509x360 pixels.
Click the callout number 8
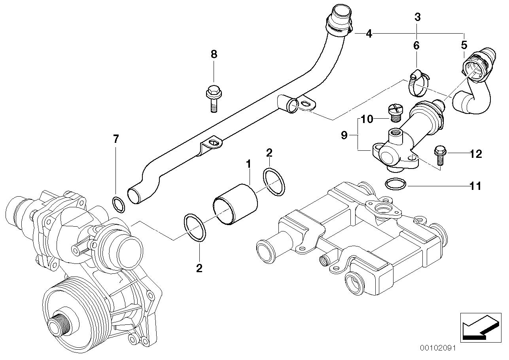[x=214, y=54]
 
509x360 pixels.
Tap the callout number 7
[x=115, y=139]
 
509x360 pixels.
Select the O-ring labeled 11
[x=395, y=184]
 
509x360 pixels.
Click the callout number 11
[x=476, y=186]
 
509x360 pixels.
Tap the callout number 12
[x=476, y=154]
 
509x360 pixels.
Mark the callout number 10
[x=367, y=119]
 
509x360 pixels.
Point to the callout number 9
[x=344, y=136]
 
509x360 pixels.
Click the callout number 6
[x=416, y=45]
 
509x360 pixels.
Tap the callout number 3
[x=417, y=17]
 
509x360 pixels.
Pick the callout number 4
[x=369, y=34]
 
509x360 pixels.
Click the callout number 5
[x=464, y=45]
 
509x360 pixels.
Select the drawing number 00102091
[x=438, y=349]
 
